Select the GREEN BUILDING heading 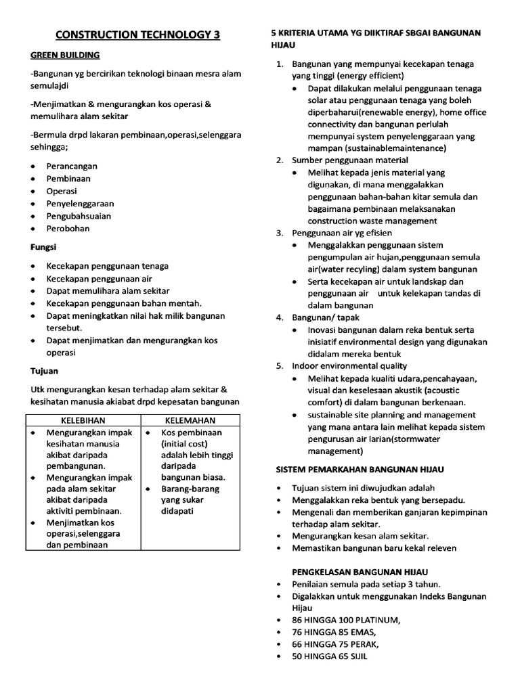[x=65, y=55]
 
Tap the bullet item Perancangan [x=72, y=166]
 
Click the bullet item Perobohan [x=68, y=229]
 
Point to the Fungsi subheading [x=43, y=248]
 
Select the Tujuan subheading [x=45, y=371]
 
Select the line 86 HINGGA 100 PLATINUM [x=345, y=620]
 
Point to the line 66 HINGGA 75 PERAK [x=336, y=644]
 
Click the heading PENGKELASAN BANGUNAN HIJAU [x=360, y=572]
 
